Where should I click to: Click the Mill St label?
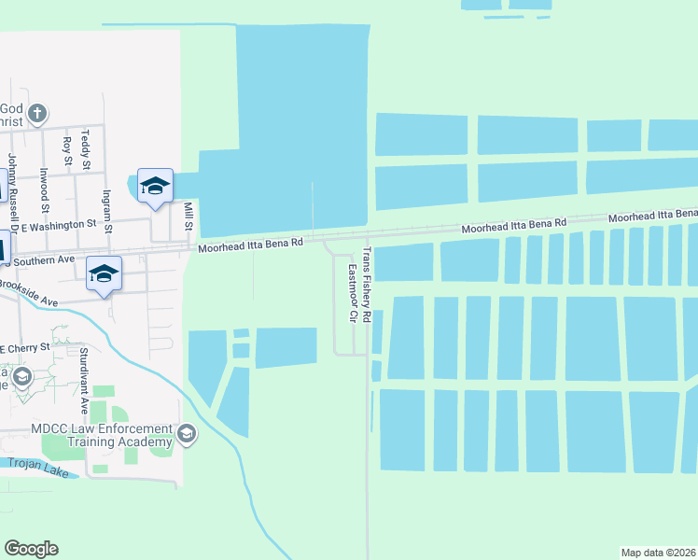188,217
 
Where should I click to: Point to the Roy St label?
66,149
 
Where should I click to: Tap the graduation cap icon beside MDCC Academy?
187,433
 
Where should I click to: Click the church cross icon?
36,115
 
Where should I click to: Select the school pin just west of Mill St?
155,186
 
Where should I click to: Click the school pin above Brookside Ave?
104,273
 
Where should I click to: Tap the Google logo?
31,549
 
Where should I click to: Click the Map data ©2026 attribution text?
658,552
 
